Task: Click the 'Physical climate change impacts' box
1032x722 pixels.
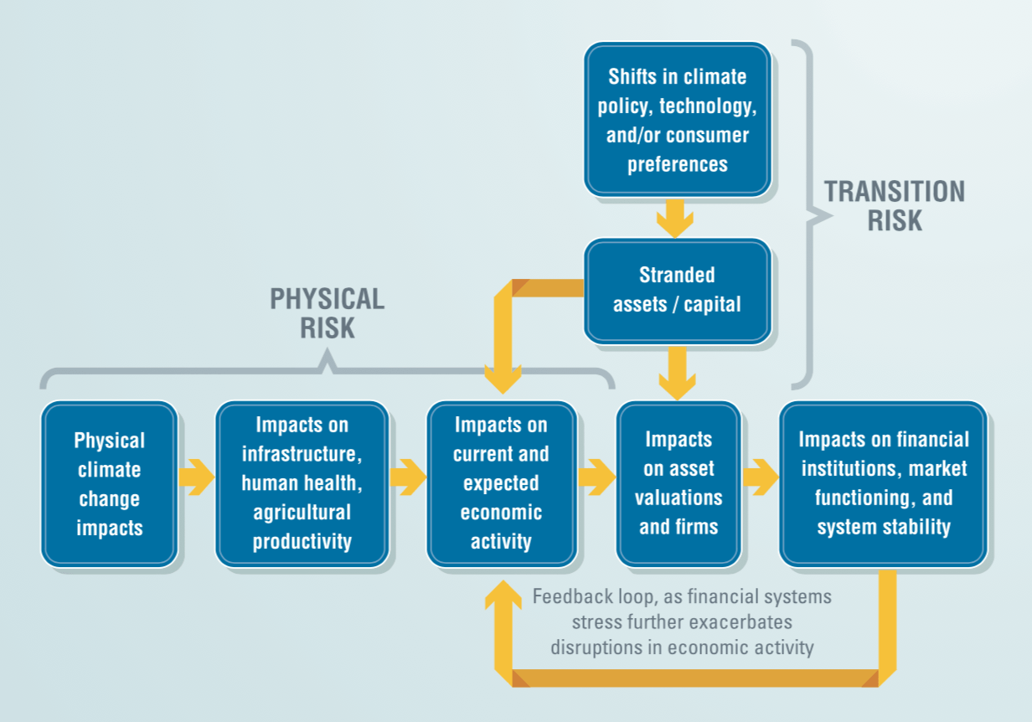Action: point(110,484)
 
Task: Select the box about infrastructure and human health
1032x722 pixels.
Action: point(302,484)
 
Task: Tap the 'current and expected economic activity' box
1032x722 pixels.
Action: point(502,484)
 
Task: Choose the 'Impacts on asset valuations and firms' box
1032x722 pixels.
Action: point(679,484)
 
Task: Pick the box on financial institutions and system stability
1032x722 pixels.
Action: point(884,484)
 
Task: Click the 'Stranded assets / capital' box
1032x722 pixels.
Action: point(678,291)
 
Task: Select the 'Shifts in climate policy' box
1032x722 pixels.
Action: point(678,120)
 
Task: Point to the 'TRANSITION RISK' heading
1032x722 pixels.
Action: point(895,206)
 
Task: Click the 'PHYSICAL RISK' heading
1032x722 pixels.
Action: point(327,313)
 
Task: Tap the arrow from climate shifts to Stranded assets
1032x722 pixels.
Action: point(675,219)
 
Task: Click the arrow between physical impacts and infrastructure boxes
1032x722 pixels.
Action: point(197,477)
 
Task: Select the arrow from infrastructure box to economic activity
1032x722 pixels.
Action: point(408,477)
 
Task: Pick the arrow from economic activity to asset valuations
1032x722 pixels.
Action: point(597,477)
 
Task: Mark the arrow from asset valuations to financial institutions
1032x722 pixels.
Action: point(761,477)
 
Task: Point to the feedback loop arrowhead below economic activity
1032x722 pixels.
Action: point(503,595)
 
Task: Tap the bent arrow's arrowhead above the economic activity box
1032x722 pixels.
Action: point(503,379)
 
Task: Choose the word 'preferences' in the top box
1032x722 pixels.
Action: point(677,165)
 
